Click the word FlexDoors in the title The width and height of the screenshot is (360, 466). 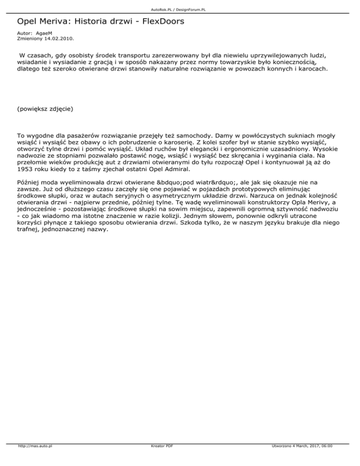(158, 22)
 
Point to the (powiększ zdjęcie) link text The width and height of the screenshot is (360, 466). (45, 108)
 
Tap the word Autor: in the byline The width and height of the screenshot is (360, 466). (23, 34)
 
